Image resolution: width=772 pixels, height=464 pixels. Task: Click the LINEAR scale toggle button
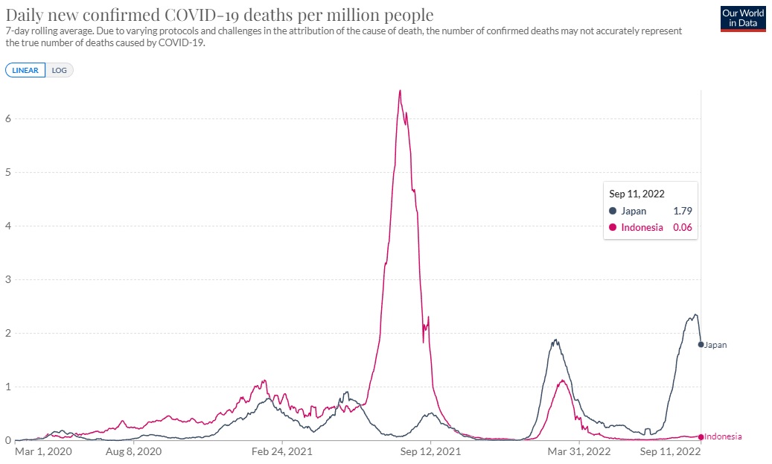tap(25, 70)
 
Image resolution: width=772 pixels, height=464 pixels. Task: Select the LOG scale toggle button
tap(60, 70)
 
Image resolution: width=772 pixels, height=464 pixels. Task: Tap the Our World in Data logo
tap(742, 19)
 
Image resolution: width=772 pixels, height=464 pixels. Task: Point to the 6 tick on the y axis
tap(8, 118)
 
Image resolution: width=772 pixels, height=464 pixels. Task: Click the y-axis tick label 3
tap(8, 279)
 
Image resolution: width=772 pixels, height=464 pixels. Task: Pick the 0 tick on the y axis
tap(8, 440)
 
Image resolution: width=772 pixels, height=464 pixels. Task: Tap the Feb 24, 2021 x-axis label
tap(281, 451)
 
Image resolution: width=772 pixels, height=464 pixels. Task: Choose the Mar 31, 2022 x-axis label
tap(579, 451)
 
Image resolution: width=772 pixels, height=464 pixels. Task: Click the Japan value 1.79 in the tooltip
tap(682, 211)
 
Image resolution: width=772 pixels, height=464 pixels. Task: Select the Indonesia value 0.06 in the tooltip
tap(682, 227)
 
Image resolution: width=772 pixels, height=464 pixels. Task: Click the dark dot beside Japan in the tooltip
tap(613, 211)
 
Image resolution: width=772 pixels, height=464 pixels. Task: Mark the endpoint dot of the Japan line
tap(701, 345)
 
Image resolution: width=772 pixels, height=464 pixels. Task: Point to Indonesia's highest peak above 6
tap(400, 91)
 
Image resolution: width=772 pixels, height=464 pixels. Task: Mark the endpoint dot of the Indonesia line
tap(701, 436)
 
